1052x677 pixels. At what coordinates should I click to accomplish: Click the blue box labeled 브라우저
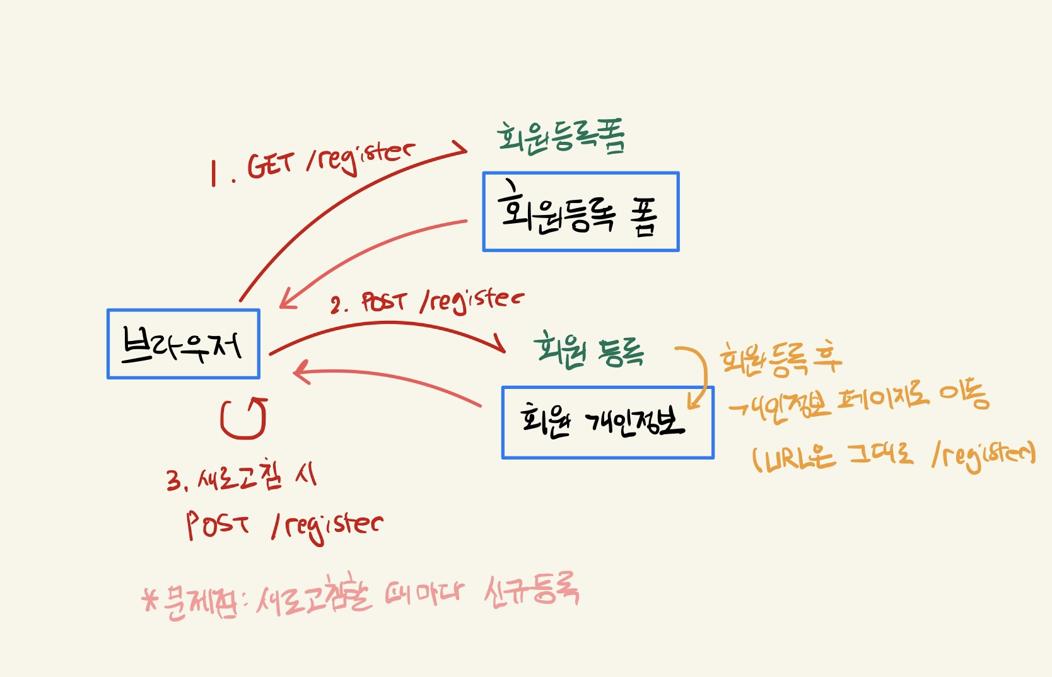[x=183, y=344]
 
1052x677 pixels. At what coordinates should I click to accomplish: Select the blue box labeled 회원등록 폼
[x=580, y=212]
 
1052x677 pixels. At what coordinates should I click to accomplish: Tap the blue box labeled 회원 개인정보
[x=607, y=422]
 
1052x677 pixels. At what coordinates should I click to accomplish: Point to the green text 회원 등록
[x=589, y=351]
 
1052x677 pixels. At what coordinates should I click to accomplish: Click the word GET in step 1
[x=271, y=166]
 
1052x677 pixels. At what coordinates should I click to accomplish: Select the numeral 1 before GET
[x=214, y=173]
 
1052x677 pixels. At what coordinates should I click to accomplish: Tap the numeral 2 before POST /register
[x=336, y=306]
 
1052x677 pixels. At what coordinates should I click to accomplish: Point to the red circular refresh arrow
[x=243, y=419]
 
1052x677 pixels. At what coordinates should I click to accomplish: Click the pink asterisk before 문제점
[x=150, y=599]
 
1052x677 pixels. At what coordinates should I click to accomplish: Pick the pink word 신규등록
[x=531, y=592]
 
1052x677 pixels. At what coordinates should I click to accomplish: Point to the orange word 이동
[x=964, y=396]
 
